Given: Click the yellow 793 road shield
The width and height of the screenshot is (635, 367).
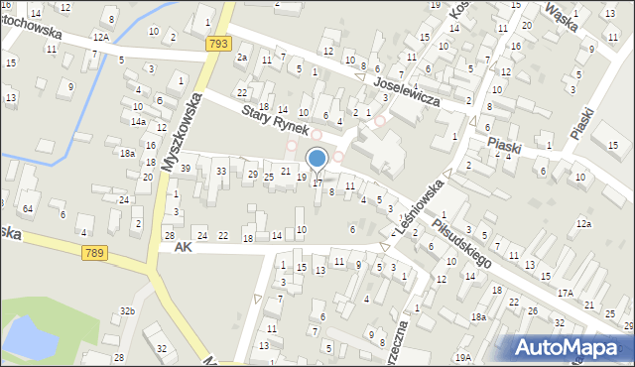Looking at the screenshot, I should point(219,44).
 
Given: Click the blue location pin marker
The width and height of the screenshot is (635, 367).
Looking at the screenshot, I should point(317,159).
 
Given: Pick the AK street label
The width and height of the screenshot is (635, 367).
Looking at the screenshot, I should point(181,246).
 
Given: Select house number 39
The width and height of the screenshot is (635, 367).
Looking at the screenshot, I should point(185,169).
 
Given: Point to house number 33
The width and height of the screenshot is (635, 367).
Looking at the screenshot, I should point(222,172).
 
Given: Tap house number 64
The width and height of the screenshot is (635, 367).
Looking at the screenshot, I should point(28,208).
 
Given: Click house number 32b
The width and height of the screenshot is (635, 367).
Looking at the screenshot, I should point(127,311).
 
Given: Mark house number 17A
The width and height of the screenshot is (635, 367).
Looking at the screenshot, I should point(565,293).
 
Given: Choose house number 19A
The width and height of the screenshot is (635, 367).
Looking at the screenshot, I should point(462,357).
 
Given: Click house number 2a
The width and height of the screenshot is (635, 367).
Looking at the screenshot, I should point(242,58).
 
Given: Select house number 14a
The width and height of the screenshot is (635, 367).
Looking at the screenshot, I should point(138,122).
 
